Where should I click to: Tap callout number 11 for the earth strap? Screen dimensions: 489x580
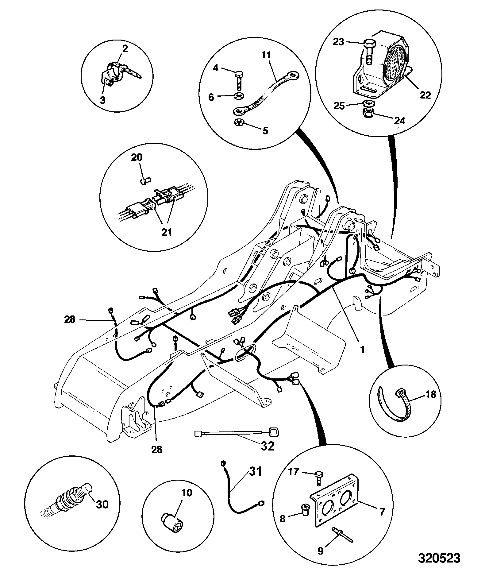(x=267, y=55)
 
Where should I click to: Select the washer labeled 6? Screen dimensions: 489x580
(x=239, y=96)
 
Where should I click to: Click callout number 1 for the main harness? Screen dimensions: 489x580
(x=362, y=349)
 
